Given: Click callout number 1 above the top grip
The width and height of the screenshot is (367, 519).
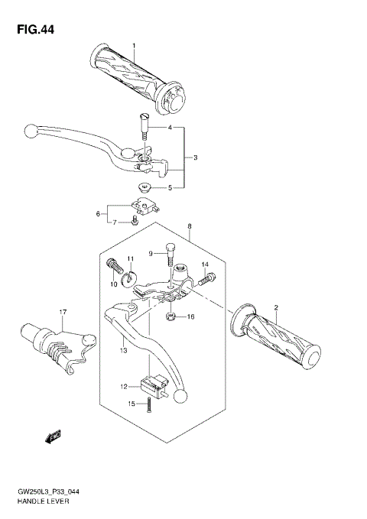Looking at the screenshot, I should (x=133, y=47).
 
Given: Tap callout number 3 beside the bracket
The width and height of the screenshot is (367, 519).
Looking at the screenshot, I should (x=195, y=158).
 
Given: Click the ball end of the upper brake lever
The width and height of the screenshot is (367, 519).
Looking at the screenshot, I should (x=30, y=130).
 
